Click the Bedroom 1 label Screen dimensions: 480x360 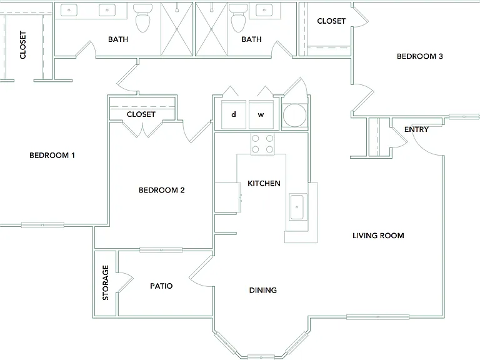click(52, 155)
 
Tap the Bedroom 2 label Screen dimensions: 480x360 click(162, 190)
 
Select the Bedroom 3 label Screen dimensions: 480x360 click(420, 56)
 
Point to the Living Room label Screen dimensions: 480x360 click(378, 236)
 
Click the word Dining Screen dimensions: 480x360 click(263, 290)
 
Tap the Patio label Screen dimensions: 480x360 click(161, 286)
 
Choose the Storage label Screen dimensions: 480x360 click(105, 282)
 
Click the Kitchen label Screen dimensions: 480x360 click(264, 183)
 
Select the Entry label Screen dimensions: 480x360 click(416, 129)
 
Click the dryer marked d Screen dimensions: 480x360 click(234, 114)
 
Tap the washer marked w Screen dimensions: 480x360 click(261, 114)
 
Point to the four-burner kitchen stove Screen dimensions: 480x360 click(262, 144)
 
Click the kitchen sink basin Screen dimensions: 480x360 click(297, 207)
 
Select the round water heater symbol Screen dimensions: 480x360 click(294, 116)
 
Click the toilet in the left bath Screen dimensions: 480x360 click(142, 18)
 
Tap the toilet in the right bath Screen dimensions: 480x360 click(239, 18)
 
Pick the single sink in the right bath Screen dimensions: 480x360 click(264, 10)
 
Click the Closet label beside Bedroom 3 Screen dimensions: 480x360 click(331, 21)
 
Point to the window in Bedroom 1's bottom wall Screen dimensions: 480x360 click(42, 225)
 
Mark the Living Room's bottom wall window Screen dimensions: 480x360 click(377, 317)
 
